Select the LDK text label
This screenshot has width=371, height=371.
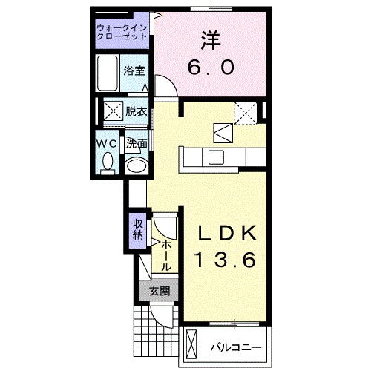pos(226,234)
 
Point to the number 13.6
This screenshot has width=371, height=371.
pos(226,260)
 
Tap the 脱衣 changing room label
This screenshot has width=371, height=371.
pos(135,112)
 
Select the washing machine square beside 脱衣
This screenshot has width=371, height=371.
pos(113,112)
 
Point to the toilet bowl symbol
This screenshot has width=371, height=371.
pos(107,161)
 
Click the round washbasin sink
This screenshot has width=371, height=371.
pos(135,165)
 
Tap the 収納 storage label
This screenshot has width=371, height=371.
pos(138,231)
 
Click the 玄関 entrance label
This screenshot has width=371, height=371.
pos(155,291)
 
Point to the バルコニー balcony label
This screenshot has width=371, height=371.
pos(234,347)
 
